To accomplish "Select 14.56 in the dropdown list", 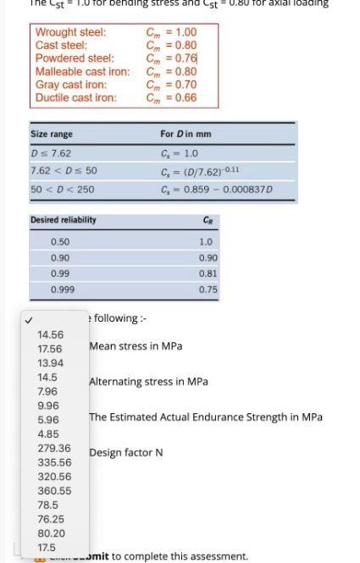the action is pos(50,334).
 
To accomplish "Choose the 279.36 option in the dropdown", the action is pos(54,448).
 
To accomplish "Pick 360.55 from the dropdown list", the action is pos(54,490).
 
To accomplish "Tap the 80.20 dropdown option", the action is pos(51,533).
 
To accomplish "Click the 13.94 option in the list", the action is pos(50,362).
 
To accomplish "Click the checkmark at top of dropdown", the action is pos(29,320).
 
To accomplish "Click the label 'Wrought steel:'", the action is pos(70,32).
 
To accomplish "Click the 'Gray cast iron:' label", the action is pos(71,85).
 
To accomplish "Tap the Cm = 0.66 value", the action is pos(171,97).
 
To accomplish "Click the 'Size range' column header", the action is pos(52,134).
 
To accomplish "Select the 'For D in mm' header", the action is pos(186,134).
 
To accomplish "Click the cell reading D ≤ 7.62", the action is pos(51,153).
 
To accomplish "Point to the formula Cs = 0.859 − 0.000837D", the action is pos(216,189).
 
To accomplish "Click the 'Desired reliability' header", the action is pos(64,220).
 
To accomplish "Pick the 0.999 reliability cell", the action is pos(63,289).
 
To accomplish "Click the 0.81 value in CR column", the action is pos(208,273).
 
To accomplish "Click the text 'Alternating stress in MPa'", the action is pos(148,382).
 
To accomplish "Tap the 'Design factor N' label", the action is pos(125,453).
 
